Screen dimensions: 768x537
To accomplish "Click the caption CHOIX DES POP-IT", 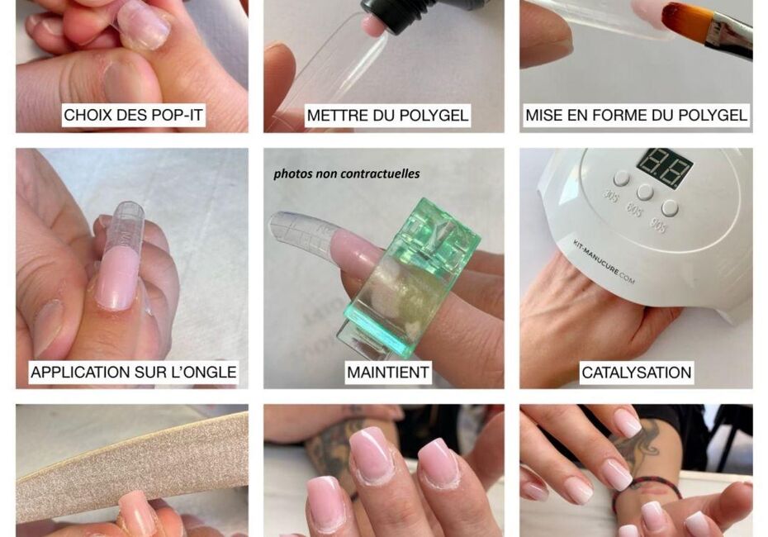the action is pos(133,115).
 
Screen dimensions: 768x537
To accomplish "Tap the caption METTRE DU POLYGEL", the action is pos(387,115).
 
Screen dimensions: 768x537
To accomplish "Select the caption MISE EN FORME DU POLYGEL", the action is pos(636,115).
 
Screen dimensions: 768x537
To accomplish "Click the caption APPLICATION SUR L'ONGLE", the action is pos(134,373).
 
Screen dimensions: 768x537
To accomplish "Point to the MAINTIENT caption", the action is pos(388,373).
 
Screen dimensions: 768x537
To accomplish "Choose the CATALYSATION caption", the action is pos(636,373).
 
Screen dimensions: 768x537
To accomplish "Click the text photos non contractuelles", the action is pos(347,174).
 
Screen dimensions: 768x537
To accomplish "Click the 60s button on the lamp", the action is pos(645,192).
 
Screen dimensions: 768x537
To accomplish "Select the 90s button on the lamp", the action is pos(670,208).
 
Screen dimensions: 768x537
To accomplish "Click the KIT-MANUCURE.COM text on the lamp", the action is pos(604,262).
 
